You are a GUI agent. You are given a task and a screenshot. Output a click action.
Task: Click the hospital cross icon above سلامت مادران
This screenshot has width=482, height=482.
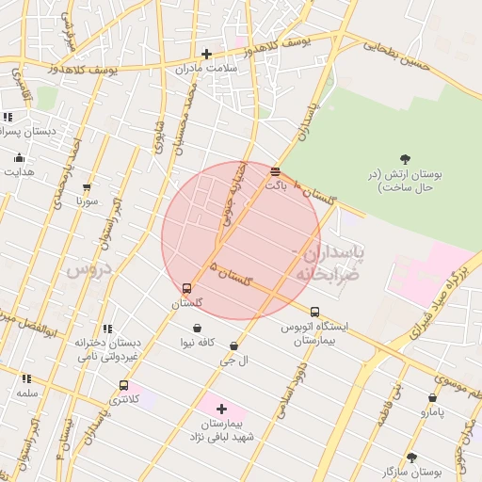206,54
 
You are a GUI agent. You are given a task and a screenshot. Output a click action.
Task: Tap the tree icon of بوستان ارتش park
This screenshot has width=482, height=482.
405,159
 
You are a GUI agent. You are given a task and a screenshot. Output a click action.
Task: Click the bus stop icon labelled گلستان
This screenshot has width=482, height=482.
186,289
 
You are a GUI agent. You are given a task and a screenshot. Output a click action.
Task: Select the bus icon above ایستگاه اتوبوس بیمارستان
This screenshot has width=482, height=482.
314,312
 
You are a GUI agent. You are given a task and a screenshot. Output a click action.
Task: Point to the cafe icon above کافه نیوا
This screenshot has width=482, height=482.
196,327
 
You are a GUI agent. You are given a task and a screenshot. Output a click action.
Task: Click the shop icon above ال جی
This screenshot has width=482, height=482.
233,345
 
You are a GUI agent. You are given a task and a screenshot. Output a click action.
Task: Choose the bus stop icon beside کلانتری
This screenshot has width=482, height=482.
123,385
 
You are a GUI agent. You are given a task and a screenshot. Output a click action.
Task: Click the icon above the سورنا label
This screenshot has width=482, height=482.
87,187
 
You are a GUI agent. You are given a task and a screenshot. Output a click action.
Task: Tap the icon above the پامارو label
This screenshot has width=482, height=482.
432,398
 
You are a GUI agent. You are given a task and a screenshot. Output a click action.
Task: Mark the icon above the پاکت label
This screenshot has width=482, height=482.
275,172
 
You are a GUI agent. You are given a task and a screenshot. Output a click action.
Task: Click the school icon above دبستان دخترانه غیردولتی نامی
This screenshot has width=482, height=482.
107,329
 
